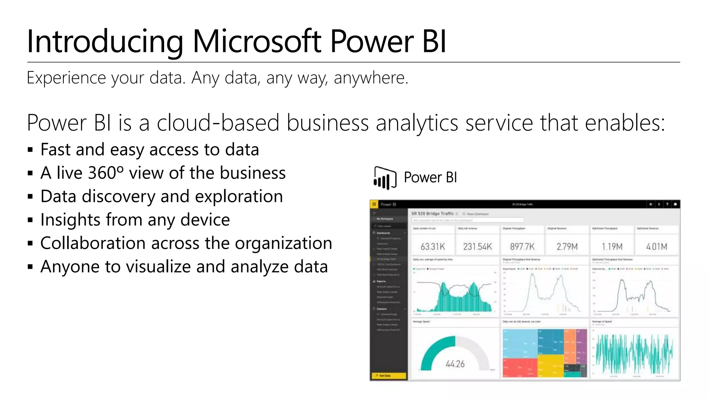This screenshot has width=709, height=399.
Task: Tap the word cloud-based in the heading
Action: (x=218, y=123)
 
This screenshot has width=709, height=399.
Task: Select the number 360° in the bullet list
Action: (x=105, y=173)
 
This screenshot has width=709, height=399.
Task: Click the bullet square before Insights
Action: (x=30, y=220)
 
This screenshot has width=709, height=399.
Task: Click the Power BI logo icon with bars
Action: (x=385, y=178)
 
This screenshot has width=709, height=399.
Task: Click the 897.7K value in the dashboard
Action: (x=522, y=247)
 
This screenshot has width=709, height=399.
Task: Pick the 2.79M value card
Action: (x=567, y=247)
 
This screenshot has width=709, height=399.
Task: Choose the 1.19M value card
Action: (x=612, y=247)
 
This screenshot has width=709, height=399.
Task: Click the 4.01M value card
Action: (x=657, y=247)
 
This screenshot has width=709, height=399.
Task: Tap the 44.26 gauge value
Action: (x=455, y=364)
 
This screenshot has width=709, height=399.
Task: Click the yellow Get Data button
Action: (x=388, y=375)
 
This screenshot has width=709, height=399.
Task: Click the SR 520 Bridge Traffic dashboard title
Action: (x=432, y=214)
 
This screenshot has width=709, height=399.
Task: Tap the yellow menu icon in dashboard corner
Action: (x=374, y=204)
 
